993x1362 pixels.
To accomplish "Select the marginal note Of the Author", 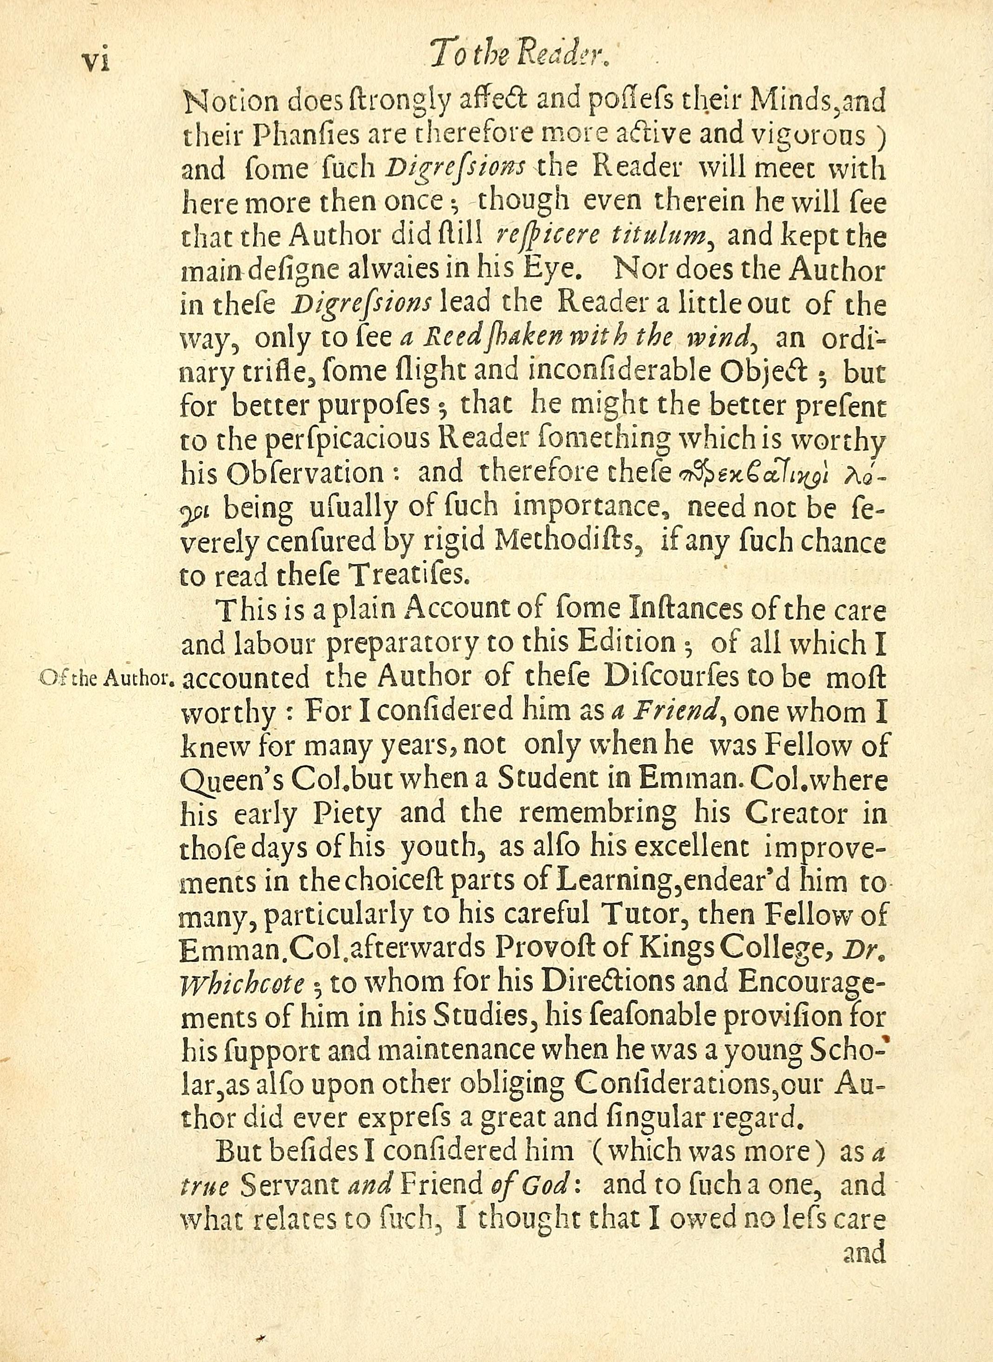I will point(106,679).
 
